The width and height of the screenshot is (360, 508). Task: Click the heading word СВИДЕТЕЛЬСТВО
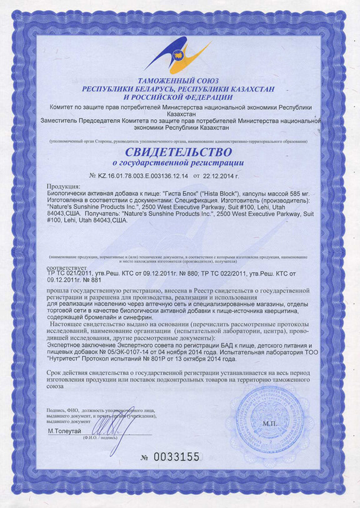pyautogui.click(x=179, y=152)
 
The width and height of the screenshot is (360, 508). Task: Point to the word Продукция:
pyautogui.click(x=64, y=187)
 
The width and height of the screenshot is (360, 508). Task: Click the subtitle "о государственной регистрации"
pyautogui.click(x=180, y=163)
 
